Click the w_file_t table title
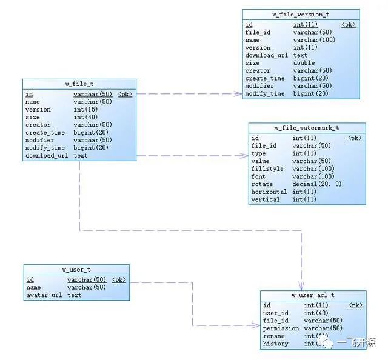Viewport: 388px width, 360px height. [79, 84]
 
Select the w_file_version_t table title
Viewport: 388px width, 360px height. [301, 14]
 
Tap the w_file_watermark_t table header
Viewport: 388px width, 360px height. [307, 128]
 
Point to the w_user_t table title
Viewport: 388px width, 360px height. [76, 269]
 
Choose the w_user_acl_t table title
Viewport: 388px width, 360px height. [313, 295]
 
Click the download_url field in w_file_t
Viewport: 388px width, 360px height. [47, 156]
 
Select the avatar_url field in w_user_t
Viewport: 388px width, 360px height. [44, 295]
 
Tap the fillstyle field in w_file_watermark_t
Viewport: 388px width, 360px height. [267, 169]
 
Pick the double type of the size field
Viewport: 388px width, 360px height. [304, 63]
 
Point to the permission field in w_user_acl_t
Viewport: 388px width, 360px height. [281, 328]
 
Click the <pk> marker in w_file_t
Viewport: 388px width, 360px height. [125, 95]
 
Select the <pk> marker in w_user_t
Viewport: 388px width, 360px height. [119, 280]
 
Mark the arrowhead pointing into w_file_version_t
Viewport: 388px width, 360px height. [238, 94]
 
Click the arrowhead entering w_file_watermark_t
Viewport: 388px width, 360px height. [244, 156]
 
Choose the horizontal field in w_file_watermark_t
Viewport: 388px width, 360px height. [269, 192]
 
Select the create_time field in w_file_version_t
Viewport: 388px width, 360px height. [265, 78]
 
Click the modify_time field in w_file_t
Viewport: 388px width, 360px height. [45, 148]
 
